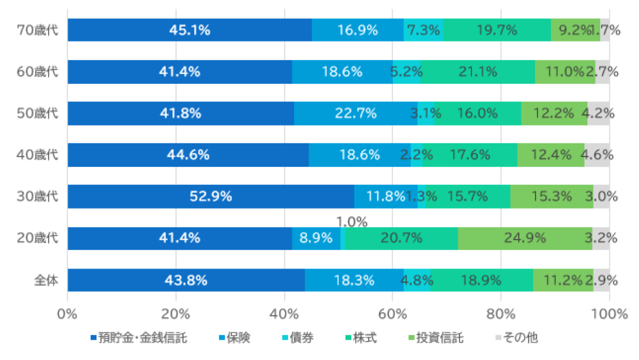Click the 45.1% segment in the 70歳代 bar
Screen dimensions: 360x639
[x=190, y=30]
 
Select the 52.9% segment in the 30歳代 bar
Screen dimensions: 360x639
[x=210, y=196]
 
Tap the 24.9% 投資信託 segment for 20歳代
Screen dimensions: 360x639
[x=525, y=239]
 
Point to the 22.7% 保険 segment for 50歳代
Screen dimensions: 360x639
[x=355, y=113]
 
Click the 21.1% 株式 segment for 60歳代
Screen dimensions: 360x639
[x=478, y=72]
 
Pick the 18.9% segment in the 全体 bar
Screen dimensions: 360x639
[x=482, y=280]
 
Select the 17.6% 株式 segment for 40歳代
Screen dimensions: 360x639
[x=470, y=155]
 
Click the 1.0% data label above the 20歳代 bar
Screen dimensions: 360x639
[x=352, y=222]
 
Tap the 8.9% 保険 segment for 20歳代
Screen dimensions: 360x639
[x=316, y=239]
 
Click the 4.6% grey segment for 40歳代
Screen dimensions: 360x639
[x=597, y=155]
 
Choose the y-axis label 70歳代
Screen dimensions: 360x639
[x=37, y=30]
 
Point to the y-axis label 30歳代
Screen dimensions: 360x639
[x=37, y=196]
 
